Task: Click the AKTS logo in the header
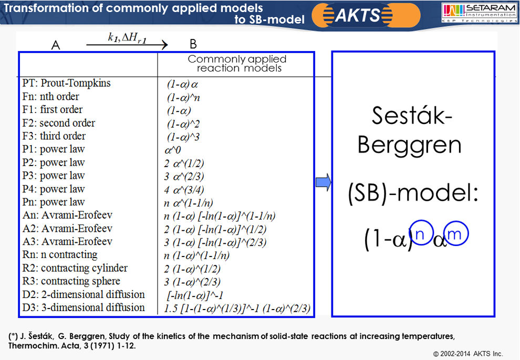[366, 15]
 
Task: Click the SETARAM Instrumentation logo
[480, 13]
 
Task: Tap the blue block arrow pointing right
[324, 182]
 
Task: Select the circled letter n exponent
[421, 233]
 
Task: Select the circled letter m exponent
[456, 233]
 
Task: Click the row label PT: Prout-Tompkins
[66, 83]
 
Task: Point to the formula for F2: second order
[183, 124]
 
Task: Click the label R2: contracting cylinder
[75, 268]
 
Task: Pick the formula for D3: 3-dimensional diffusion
[237, 308]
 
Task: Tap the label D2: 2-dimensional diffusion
[84, 294]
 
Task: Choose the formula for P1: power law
[173, 150]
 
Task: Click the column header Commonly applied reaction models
[237, 64]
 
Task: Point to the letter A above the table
[56, 45]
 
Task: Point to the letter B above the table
[193, 44]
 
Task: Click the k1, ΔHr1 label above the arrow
[127, 38]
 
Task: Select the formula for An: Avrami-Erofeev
[220, 216]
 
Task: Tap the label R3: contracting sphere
[71, 281]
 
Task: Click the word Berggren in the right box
[410, 146]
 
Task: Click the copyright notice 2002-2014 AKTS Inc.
[468, 354]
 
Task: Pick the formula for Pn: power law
[189, 203]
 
